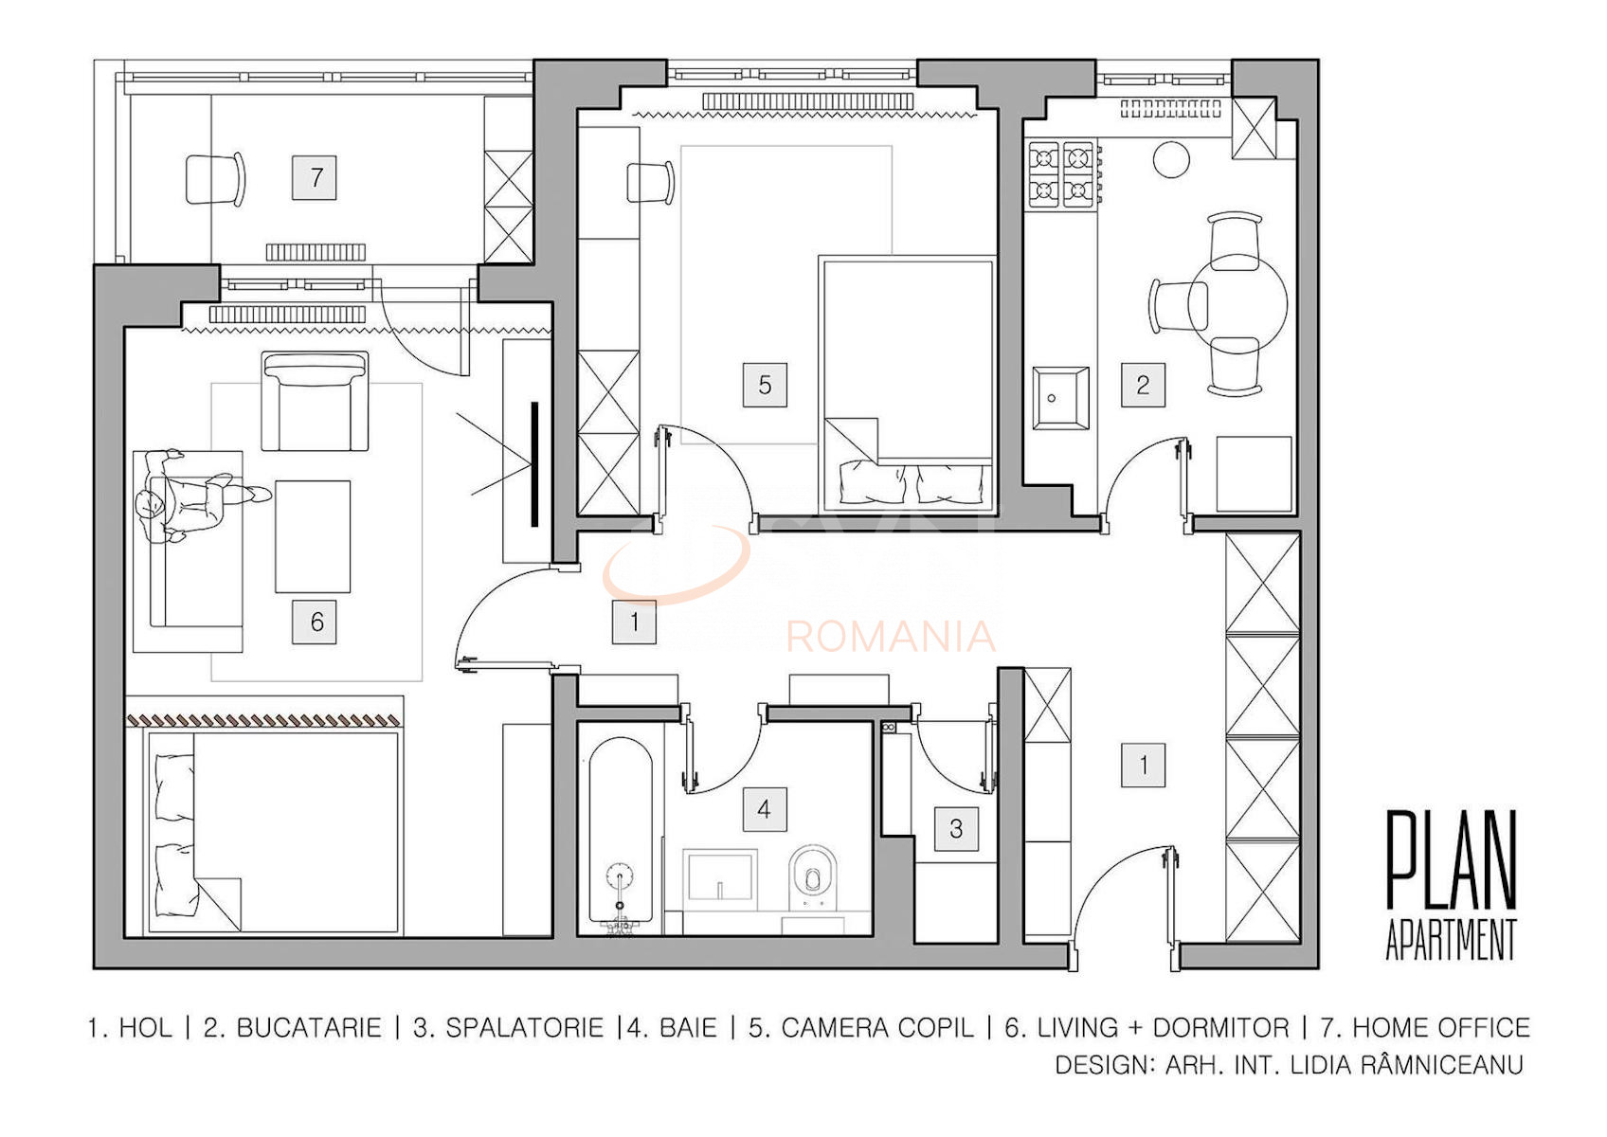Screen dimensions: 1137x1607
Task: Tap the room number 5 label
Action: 765,385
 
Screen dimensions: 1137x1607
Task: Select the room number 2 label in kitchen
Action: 1143,385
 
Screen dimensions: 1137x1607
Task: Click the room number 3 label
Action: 956,829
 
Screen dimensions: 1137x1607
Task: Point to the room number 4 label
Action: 764,809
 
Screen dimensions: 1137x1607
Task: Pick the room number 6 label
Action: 316,622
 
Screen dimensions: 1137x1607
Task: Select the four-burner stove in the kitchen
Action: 1061,174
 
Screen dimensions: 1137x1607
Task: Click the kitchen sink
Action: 1060,398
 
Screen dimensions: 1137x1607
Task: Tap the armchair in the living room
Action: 315,401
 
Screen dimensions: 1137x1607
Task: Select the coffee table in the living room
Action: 313,536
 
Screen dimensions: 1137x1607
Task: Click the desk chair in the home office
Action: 215,179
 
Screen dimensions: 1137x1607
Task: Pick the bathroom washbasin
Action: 720,875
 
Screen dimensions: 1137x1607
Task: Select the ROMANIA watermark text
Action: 891,637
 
